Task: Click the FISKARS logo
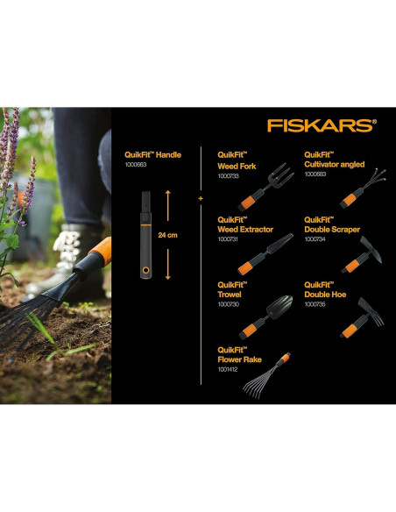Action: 322,125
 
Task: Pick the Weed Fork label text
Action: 235,165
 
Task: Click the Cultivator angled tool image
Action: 356,185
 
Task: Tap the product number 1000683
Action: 315,174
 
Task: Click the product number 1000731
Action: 228,239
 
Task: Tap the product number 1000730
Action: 228,305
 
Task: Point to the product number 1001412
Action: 228,369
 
